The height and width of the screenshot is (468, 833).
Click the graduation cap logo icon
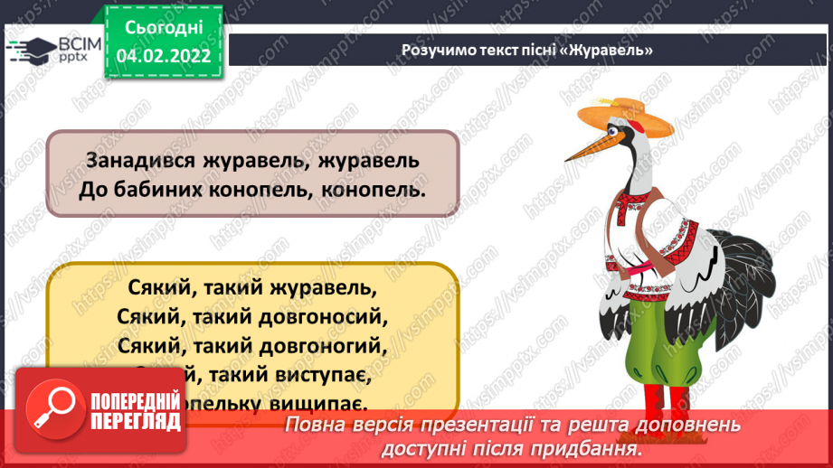point(32,50)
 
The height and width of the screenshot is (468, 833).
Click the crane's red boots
point(664,398)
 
